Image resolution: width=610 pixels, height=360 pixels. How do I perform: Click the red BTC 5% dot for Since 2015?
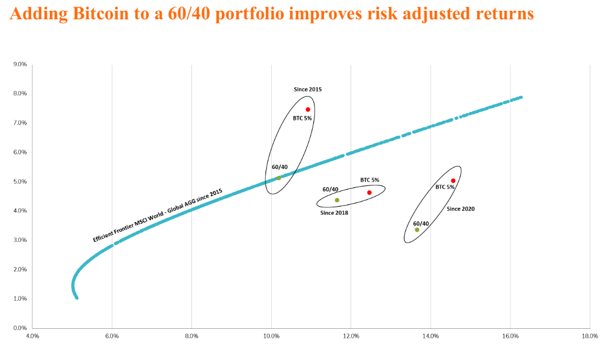[x=308, y=110]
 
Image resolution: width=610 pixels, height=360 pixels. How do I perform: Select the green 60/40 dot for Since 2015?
[x=279, y=178]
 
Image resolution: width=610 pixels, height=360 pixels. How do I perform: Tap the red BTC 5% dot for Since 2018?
[x=369, y=192]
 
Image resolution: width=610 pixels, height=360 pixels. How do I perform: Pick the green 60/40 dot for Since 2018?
[x=337, y=200]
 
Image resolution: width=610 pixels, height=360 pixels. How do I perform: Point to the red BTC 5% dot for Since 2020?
[x=453, y=181]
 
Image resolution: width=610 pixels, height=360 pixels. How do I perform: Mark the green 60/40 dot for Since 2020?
[x=417, y=229]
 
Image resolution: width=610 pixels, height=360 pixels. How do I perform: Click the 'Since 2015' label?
[x=308, y=89]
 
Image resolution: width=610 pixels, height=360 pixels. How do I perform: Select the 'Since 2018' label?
[x=334, y=213]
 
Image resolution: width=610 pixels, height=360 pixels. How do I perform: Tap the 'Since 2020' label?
[x=460, y=209]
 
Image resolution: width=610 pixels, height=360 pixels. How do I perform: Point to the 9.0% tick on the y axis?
[x=20, y=64]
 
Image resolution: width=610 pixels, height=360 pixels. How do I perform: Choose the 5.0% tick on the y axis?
[x=20, y=182]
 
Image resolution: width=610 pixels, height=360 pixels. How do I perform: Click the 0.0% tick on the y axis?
[x=20, y=328]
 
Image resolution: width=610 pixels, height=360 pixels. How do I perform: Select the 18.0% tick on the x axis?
[x=590, y=336]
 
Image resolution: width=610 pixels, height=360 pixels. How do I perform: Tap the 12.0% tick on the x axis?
[x=351, y=336]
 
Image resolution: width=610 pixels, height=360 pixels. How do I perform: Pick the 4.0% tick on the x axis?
[x=32, y=336]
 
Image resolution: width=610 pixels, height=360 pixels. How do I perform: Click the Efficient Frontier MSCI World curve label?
[x=158, y=215]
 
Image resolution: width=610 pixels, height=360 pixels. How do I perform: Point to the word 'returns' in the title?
[x=502, y=14]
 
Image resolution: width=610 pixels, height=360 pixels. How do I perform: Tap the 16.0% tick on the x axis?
[x=511, y=336]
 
